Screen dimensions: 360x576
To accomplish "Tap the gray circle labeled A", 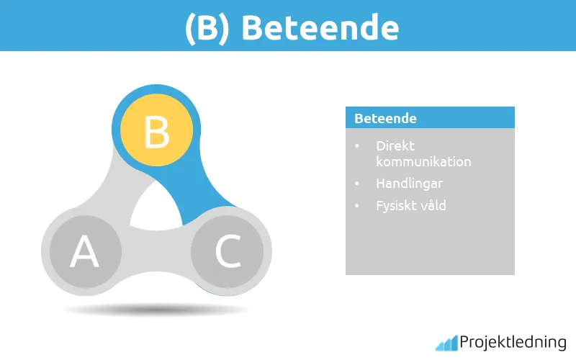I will point(84,252).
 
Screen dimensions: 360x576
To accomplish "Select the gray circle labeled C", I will point(228,251).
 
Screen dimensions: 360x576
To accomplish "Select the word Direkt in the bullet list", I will point(395,146).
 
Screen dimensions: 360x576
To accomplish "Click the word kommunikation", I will point(423,161).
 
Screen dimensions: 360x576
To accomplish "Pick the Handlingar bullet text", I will point(409,184).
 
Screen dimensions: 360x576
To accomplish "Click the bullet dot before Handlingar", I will point(358,184).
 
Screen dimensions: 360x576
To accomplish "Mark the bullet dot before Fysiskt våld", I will point(358,206).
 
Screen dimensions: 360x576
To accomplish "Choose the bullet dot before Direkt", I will point(358,146).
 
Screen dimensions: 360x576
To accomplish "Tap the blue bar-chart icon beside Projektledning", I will point(446,343).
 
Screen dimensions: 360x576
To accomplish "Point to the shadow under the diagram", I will point(156,310).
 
